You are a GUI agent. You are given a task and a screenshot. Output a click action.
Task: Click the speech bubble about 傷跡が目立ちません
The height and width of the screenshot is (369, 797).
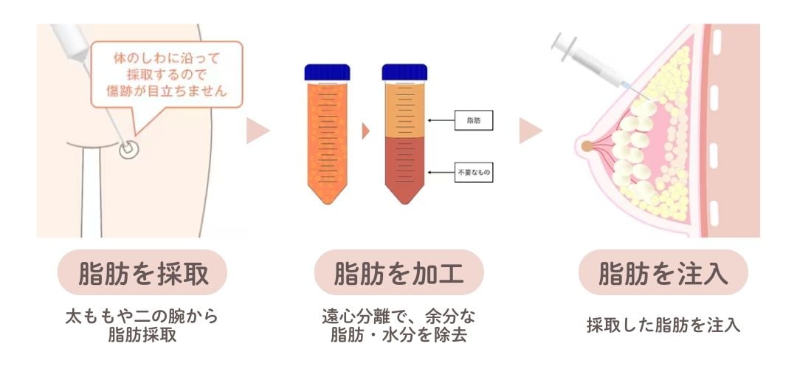pyautogui.click(x=165, y=74)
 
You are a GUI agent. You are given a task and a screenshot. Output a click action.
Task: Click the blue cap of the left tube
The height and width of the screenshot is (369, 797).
pyautogui.click(x=328, y=72)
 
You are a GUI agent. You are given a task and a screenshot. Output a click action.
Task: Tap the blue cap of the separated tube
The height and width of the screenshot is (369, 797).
pyautogui.click(x=405, y=72)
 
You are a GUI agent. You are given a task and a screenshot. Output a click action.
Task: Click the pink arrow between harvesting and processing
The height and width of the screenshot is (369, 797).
pyautogui.click(x=258, y=131)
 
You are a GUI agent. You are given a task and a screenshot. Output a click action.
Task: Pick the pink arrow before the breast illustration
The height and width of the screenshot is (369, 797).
pyautogui.click(x=530, y=131)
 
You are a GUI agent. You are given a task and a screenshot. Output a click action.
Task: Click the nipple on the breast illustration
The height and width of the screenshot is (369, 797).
pyautogui.click(x=587, y=146)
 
